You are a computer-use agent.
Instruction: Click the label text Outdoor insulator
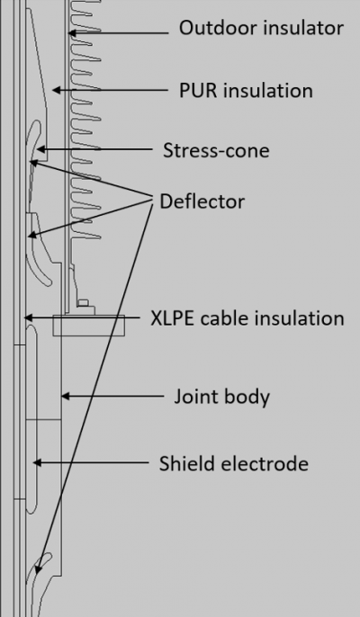261,29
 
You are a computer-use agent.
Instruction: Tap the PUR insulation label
247,91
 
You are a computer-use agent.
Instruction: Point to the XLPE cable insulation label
247,318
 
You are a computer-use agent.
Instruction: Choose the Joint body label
221,396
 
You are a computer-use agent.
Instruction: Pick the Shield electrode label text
234,464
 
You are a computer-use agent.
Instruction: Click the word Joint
193,396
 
